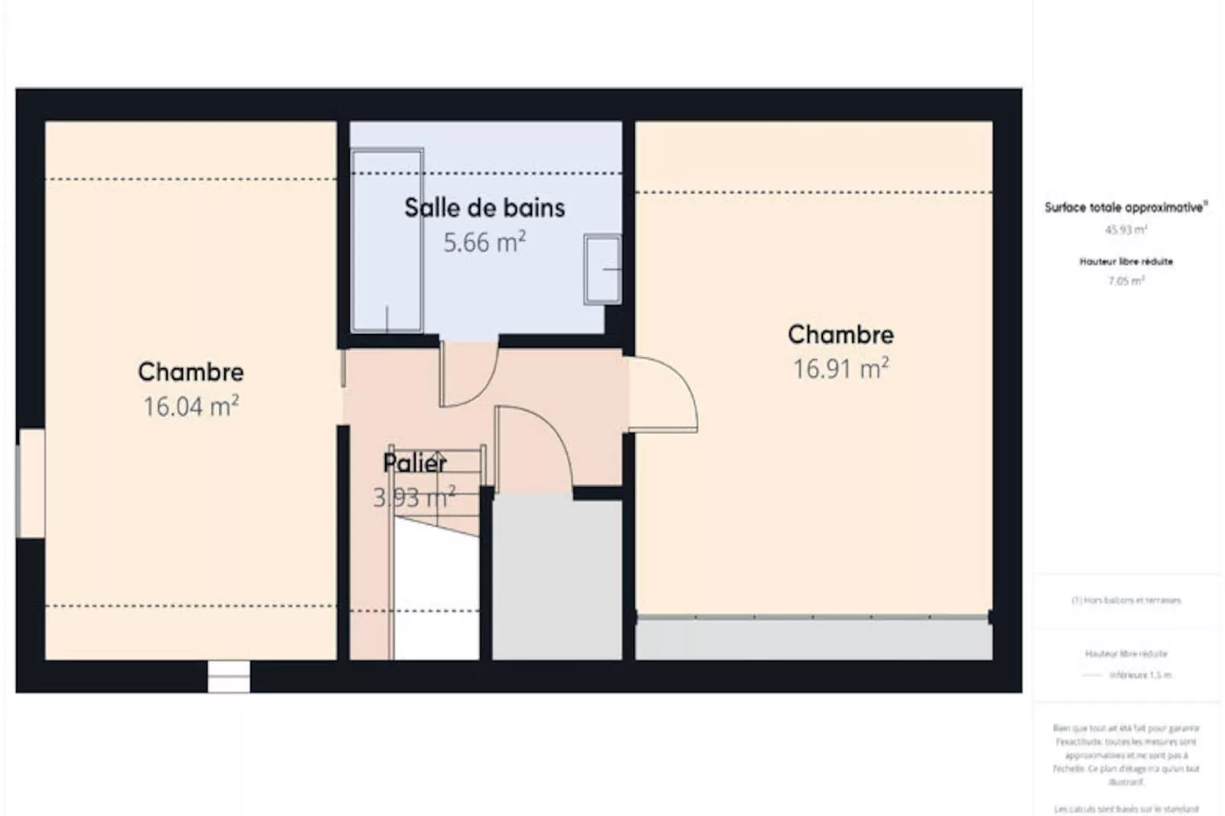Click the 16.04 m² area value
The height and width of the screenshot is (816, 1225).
pyautogui.click(x=191, y=406)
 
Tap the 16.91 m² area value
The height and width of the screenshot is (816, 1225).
pyautogui.click(x=841, y=369)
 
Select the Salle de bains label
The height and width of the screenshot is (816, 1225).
pyautogui.click(x=484, y=207)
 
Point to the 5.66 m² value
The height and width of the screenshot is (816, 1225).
pyautogui.click(x=484, y=243)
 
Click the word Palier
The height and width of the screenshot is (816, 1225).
pyautogui.click(x=414, y=463)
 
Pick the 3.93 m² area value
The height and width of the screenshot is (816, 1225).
pyautogui.click(x=414, y=498)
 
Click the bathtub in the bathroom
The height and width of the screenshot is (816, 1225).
pyautogui.click(x=387, y=240)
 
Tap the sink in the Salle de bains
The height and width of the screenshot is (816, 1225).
pyautogui.click(x=603, y=269)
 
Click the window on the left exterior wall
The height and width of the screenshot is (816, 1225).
pyautogui.click(x=31, y=483)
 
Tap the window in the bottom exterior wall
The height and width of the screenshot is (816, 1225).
pyautogui.click(x=229, y=676)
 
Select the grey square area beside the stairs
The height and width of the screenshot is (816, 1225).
pyautogui.click(x=557, y=578)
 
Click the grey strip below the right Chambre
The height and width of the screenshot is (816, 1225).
pyautogui.click(x=813, y=639)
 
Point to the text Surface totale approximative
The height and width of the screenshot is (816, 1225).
pyautogui.click(x=1125, y=207)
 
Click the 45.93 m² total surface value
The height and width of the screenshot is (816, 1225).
pyautogui.click(x=1126, y=230)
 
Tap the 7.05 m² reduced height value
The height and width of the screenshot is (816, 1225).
pyautogui.click(x=1126, y=281)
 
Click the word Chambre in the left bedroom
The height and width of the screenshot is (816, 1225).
pyautogui.click(x=191, y=372)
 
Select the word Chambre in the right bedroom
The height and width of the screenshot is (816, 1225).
pyautogui.click(x=841, y=335)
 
